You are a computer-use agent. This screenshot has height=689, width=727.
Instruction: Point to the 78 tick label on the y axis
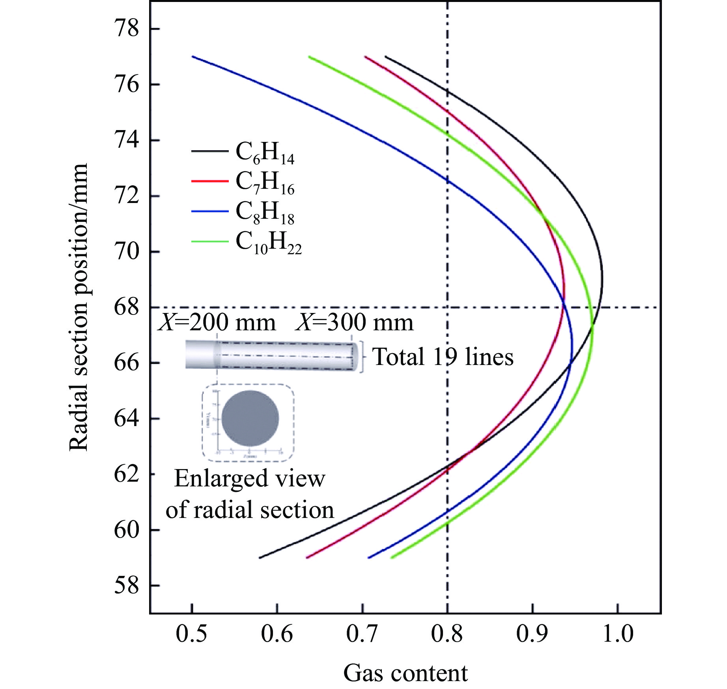127,29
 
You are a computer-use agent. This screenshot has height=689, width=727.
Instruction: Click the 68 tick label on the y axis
127,307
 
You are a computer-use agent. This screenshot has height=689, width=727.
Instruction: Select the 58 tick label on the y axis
127,586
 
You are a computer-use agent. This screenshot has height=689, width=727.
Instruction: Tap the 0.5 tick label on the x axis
192,634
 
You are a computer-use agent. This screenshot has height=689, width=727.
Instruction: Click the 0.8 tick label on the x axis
447,634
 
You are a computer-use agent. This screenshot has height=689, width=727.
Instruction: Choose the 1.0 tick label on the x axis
617,634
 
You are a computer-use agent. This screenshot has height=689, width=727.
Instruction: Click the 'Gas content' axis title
405,673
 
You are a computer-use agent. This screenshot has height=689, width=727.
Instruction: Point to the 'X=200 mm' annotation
217,323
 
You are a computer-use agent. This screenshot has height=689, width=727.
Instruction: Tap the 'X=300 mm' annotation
355,323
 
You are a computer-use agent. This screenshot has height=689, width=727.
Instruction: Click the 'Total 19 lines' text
443,357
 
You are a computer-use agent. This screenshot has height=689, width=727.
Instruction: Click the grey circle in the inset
250,419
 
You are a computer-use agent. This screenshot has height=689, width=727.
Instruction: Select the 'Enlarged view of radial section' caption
250,494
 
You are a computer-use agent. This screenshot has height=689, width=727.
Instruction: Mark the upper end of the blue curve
193,57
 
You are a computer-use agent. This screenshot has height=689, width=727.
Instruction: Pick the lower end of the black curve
260,557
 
